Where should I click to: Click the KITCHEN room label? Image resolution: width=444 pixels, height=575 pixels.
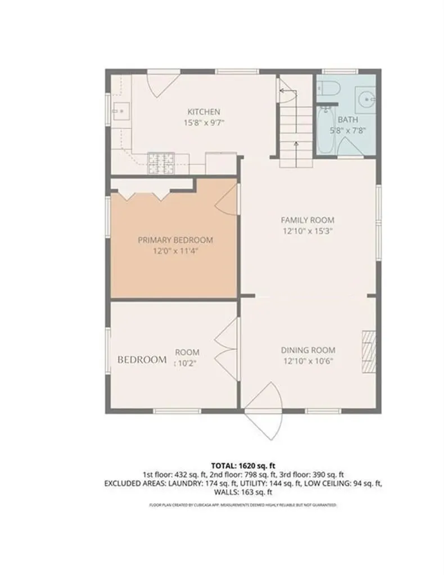(203, 112)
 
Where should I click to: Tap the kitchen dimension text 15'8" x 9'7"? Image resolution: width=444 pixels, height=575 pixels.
(203, 122)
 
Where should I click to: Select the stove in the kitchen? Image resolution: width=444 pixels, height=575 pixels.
(161, 162)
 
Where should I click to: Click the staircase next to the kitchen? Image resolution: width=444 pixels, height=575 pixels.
(295, 124)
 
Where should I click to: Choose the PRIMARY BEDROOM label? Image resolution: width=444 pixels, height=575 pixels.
(175, 240)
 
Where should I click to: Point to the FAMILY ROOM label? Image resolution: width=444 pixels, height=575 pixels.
(307, 220)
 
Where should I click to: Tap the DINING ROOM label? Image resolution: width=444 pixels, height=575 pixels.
(307, 350)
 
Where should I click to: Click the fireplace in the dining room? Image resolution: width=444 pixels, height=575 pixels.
(368, 350)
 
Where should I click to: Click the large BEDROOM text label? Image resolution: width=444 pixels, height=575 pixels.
(142, 359)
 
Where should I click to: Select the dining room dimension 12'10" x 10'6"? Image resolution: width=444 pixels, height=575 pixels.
(307, 361)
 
